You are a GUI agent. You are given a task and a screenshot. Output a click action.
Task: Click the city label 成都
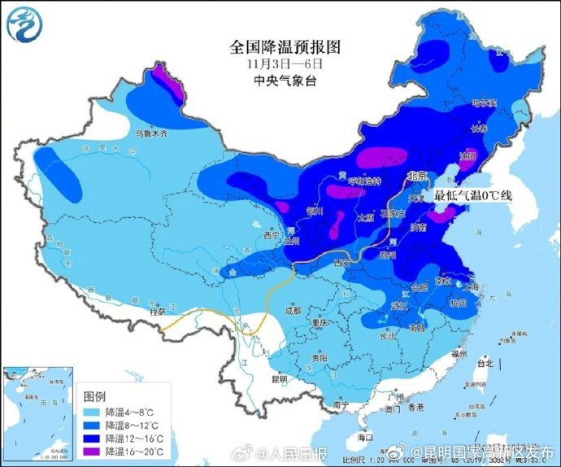293,309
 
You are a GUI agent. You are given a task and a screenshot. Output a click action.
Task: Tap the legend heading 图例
94,396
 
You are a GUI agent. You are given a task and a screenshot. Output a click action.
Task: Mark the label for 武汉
398,305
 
